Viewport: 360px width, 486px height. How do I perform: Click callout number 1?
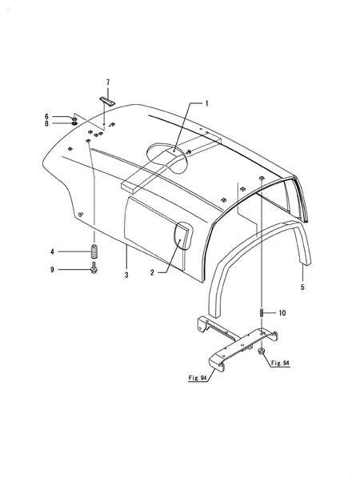click(x=207, y=103)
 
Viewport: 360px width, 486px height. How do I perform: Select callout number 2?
click(x=152, y=273)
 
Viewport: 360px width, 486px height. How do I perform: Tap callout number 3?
click(x=126, y=275)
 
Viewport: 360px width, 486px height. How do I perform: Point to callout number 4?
click(x=52, y=251)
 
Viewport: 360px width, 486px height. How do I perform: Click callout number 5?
click(x=302, y=287)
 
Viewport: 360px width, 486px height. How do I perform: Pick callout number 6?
click(x=46, y=117)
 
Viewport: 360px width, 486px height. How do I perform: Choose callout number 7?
click(x=107, y=82)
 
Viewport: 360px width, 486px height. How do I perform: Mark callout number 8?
click(x=46, y=123)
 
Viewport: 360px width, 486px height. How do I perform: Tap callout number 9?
click(x=52, y=270)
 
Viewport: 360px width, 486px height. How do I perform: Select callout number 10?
click(x=282, y=313)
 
